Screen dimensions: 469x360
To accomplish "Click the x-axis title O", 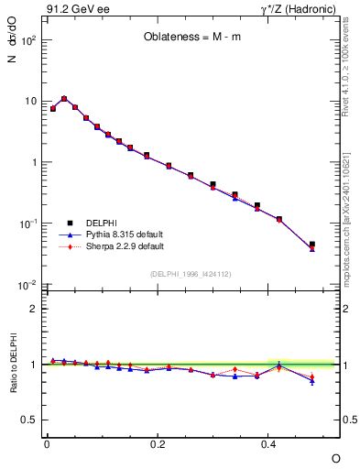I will [x=335, y=457].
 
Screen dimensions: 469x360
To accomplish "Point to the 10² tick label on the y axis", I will [x=28, y=40].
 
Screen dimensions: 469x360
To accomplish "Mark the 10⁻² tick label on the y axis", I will [x=28, y=285].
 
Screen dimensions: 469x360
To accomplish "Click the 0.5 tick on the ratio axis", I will [x=30, y=420].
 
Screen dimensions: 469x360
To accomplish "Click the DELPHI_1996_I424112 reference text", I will [x=190, y=273].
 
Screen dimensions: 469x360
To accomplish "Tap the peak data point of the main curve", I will [x=64, y=98].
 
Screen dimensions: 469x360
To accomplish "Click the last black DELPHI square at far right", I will [x=312, y=245].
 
